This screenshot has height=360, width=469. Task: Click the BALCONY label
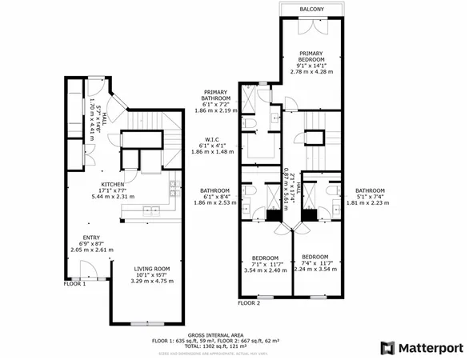coord(312,9)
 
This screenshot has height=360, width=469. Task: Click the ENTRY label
coord(90,237)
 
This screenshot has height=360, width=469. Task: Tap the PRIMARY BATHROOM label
coord(217,95)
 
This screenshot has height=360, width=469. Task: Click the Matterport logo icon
coord(387,346)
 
